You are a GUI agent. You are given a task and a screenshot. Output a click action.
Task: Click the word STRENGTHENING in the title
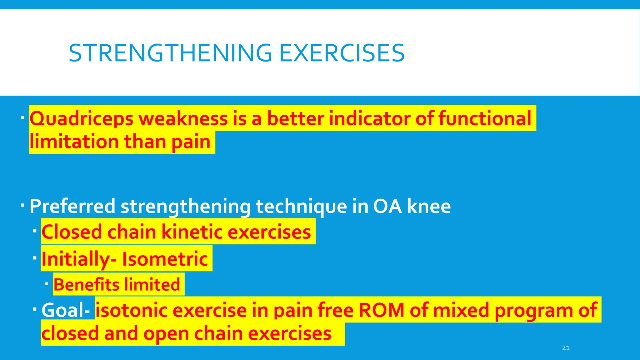pyautogui.click(x=170, y=53)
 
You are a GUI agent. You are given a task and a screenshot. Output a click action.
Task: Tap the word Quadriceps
pyautogui.click(x=82, y=119)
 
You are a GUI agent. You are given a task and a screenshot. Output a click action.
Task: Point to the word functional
pyautogui.click(x=484, y=118)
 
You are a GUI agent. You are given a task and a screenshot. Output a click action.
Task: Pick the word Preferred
pyautogui.click(x=72, y=207)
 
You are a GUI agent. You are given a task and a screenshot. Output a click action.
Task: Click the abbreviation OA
pyautogui.click(x=387, y=207)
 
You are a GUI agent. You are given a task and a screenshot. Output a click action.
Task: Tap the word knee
pyautogui.click(x=429, y=207)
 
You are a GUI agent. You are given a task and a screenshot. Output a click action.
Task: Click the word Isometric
pyautogui.click(x=165, y=259)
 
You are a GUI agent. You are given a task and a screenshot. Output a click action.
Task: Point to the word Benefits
pyautogui.click(x=86, y=285)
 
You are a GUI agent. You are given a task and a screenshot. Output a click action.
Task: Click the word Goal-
pyautogui.click(x=66, y=310)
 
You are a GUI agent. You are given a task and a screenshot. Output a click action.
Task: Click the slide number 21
pyautogui.click(x=566, y=347)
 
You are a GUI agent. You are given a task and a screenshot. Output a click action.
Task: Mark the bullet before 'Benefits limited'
pyautogui.click(x=46, y=284)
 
